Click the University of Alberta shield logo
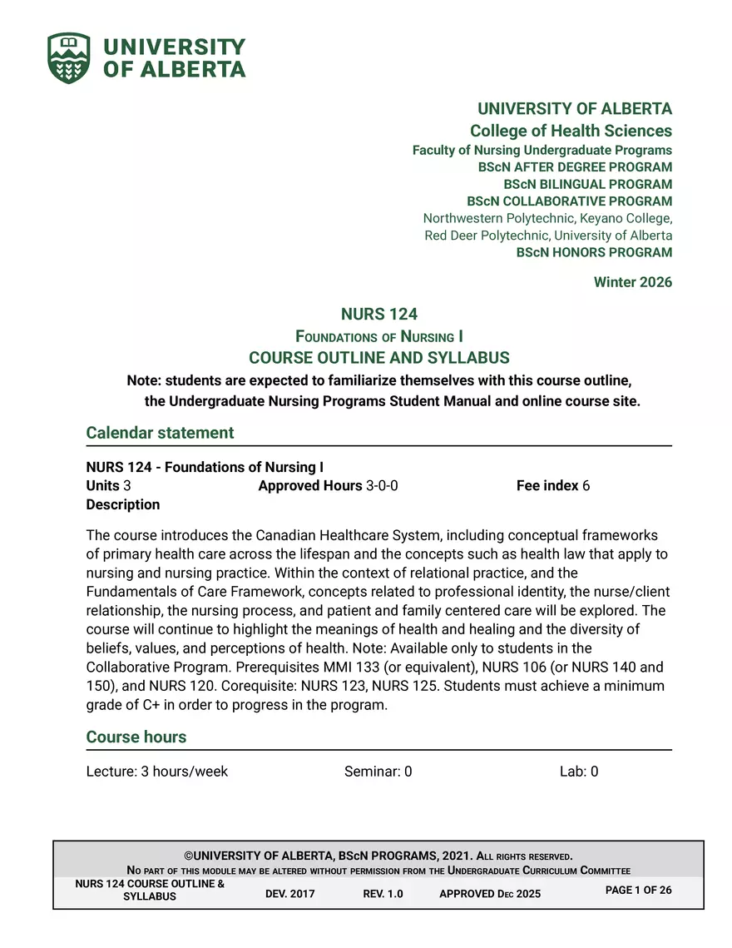[x=68, y=58]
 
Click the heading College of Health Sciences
[x=571, y=131]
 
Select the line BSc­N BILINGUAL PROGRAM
[x=587, y=184]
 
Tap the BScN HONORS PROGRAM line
[x=594, y=252]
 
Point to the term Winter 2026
[x=632, y=282]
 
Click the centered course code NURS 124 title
[x=378, y=314]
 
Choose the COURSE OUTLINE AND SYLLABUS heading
[x=378, y=358]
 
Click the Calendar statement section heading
[x=160, y=433]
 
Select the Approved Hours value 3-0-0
[x=382, y=485]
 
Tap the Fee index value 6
[x=586, y=485]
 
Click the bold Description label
[x=122, y=504]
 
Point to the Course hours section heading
[x=136, y=737]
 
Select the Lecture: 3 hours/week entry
[x=156, y=772]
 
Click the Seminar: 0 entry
[x=378, y=772]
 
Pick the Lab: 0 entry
[x=578, y=772]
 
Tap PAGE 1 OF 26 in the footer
[x=638, y=891]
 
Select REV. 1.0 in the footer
[x=383, y=894]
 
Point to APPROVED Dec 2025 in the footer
[x=489, y=894]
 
